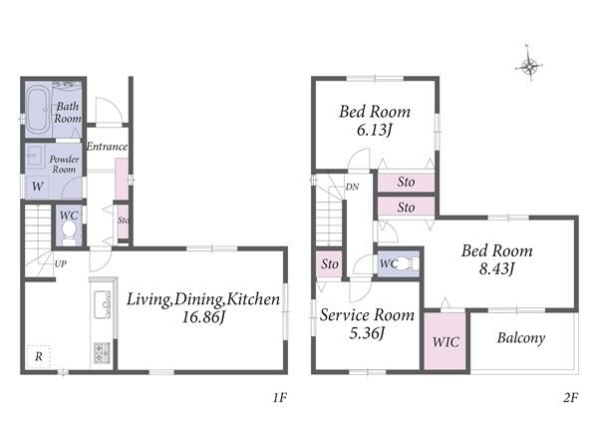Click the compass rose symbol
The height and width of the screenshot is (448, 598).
[529, 66]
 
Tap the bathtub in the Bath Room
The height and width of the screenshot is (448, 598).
[38, 110]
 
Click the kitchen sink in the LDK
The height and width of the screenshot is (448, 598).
[103, 304]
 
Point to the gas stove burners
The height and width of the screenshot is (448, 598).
[102, 352]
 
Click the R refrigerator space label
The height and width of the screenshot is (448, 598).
[39, 357]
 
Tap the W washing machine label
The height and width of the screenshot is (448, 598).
[37, 187]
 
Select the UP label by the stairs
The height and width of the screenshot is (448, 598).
[60, 263]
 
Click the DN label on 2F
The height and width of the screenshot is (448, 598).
[352, 187]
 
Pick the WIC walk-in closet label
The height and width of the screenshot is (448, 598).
[446, 341]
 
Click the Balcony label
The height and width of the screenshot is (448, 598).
[521, 338]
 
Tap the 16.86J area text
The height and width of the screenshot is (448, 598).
[202, 317]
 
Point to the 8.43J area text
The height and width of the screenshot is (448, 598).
[496, 268]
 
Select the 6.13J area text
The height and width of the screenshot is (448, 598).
[374, 131]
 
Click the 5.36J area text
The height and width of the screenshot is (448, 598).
[367, 333]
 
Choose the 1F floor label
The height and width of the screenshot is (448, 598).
[279, 398]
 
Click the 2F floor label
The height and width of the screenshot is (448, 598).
[570, 398]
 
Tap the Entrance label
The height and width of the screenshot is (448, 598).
[107, 147]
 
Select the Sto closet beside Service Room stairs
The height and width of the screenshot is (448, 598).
[329, 264]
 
